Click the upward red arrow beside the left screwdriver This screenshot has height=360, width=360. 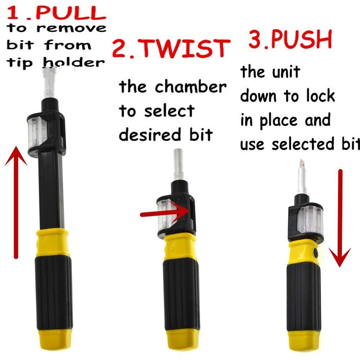coord(15,202)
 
